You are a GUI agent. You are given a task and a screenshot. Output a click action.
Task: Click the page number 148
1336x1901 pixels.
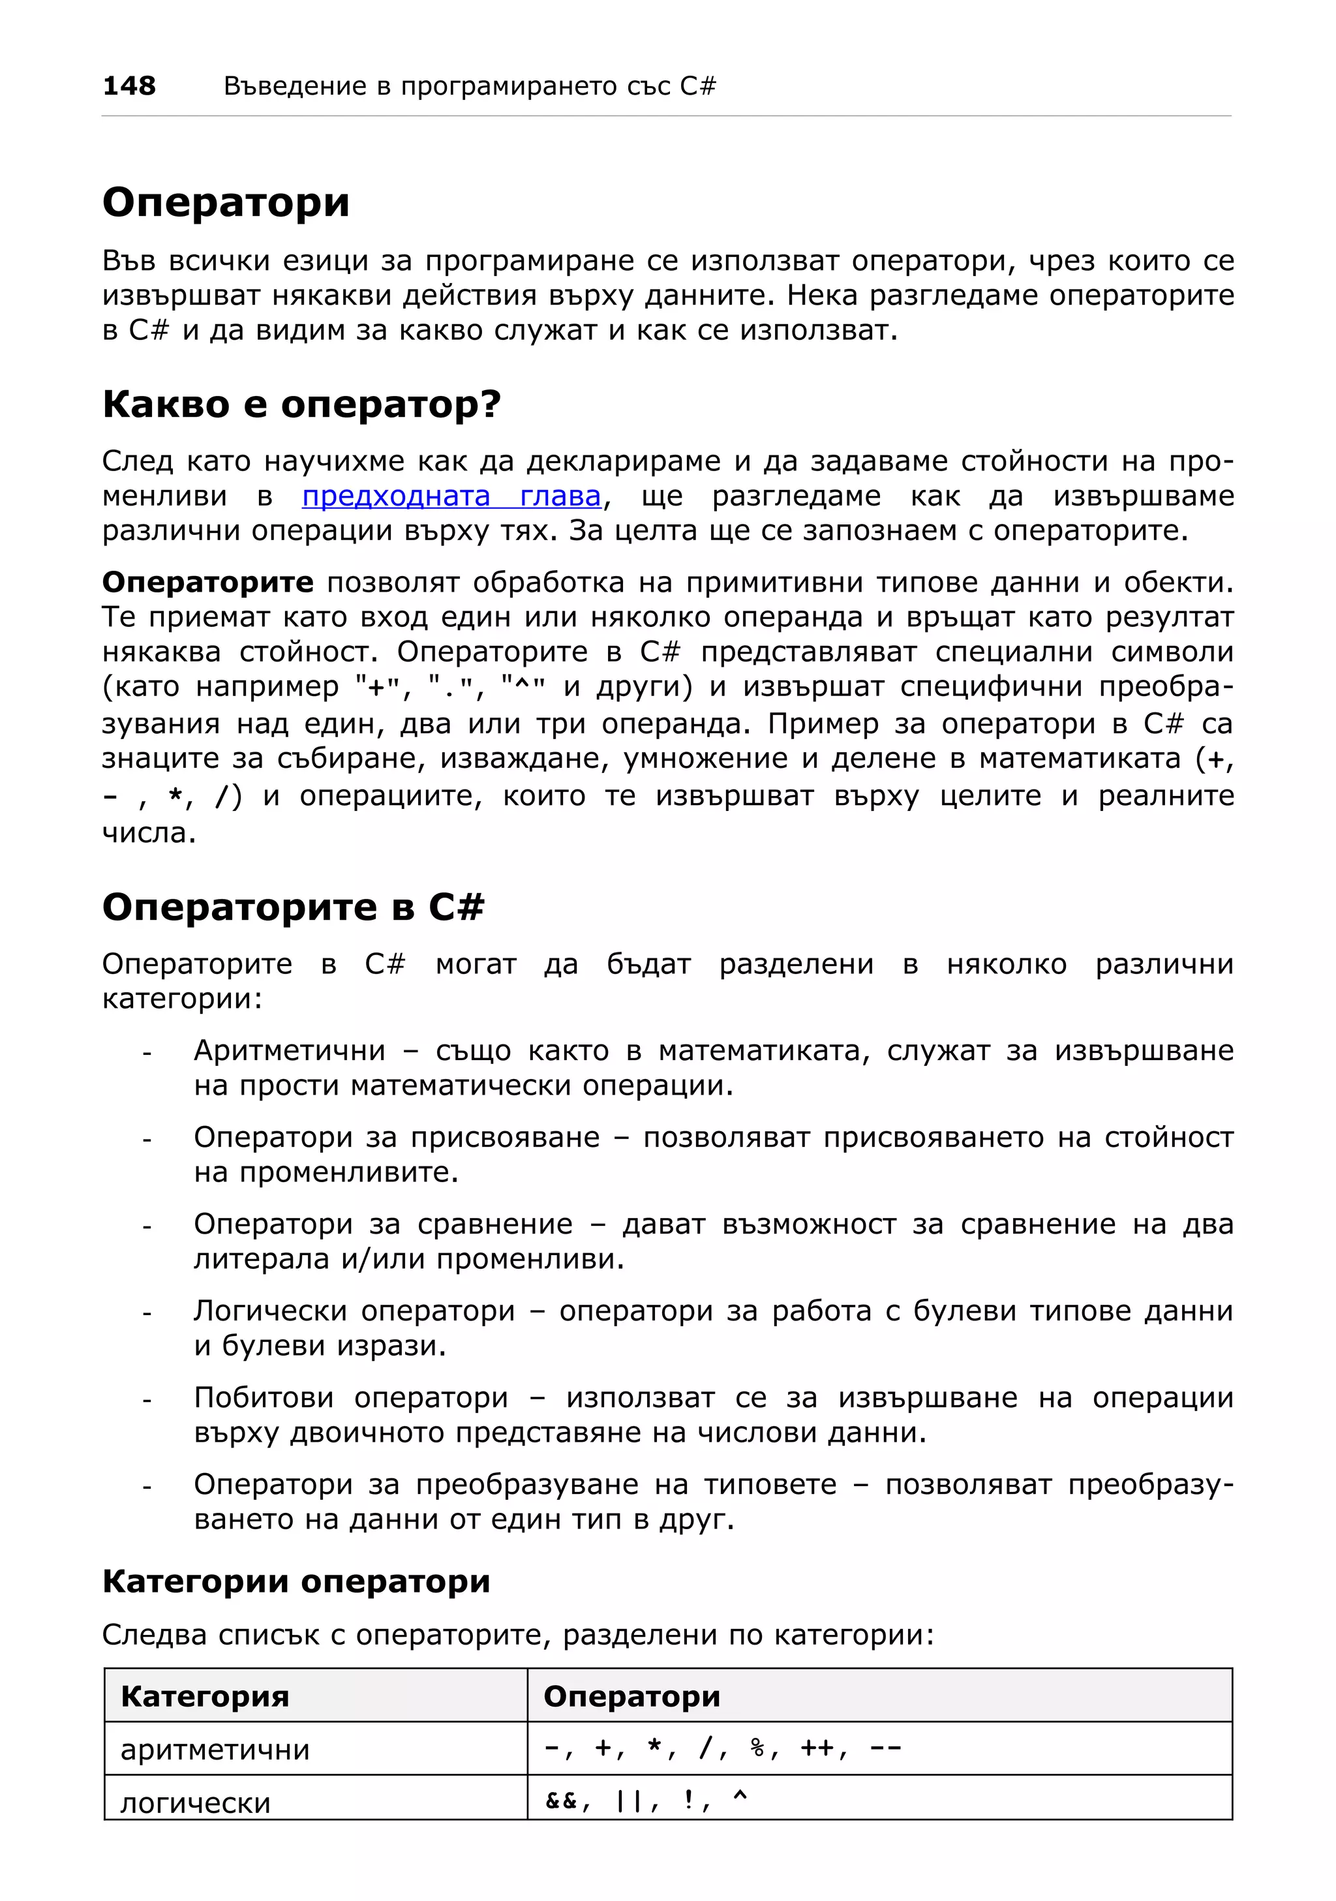click(129, 85)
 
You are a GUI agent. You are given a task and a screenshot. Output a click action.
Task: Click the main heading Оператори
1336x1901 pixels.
click(226, 202)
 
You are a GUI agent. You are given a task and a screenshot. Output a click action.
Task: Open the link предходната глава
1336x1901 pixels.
click(451, 496)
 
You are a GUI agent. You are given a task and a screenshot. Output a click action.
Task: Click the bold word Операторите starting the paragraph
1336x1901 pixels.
click(207, 582)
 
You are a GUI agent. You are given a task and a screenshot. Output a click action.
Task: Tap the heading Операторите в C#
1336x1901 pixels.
click(293, 907)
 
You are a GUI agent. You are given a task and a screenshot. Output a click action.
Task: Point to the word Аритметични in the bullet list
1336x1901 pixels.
click(290, 1051)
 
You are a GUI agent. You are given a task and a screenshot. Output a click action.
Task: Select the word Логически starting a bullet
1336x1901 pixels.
click(271, 1311)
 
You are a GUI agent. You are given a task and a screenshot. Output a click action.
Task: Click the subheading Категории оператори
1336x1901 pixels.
click(296, 1581)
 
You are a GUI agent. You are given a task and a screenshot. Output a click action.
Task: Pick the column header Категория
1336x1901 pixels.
click(205, 1697)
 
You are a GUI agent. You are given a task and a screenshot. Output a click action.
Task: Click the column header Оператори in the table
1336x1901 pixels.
click(631, 1697)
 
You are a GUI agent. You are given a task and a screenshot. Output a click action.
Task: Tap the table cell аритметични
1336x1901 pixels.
click(215, 1750)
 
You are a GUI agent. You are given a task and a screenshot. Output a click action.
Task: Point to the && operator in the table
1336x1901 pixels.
click(561, 1800)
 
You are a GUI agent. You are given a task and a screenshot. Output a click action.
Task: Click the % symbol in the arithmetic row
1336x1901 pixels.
click(757, 1748)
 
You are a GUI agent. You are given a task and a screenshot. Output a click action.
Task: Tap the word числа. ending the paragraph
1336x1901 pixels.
click(149, 832)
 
